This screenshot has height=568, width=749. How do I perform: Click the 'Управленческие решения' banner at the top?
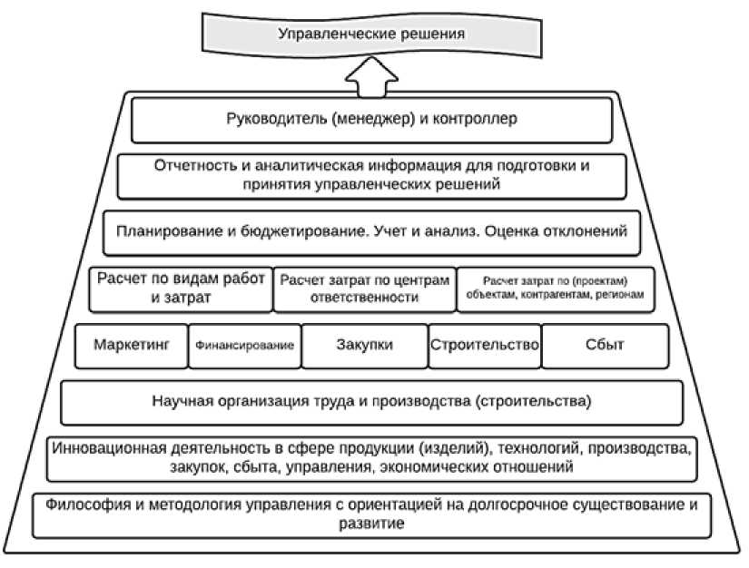[x=371, y=35]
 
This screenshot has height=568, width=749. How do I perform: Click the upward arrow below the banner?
[x=371, y=80]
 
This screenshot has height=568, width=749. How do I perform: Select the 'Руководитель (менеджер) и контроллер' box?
[x=371, y=119]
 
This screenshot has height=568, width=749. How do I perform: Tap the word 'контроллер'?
[x=481, y=119]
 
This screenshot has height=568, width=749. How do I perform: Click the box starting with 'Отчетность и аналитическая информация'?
[x=371, y=175]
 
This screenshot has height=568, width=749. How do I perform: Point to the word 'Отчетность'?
[x=194, y=166]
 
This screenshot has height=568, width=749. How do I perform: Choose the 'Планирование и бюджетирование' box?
[x=371, y=231]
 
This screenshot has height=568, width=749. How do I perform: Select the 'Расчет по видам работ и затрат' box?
[x=182, y=289]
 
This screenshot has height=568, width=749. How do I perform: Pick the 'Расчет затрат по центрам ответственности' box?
[x=363, y=289]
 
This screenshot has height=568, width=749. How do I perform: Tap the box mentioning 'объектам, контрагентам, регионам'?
[x=556, y=289]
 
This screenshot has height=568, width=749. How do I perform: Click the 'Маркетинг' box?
[x=132, y=346]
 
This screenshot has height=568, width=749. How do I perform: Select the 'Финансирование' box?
[x=244, y=346]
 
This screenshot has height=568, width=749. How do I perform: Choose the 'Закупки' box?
[x=364, y=346]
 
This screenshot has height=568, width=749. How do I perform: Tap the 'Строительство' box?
[x=485, y=346]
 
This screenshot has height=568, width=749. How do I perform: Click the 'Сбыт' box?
[x=600, y=346]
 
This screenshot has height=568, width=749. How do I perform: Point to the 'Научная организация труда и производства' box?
[x=371, y=401]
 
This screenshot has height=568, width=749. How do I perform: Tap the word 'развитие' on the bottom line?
[x=373, y=524]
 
